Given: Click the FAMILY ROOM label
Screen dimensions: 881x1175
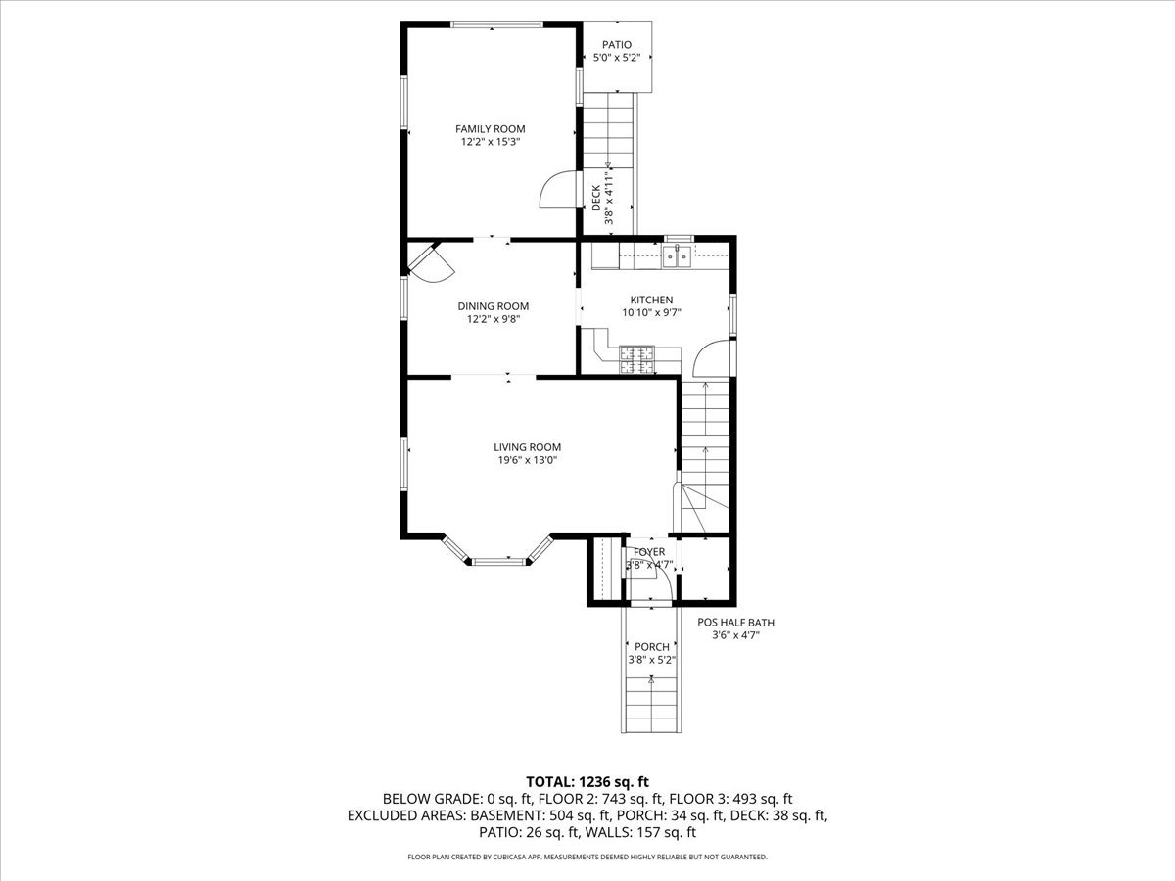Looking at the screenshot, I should pos(490,128).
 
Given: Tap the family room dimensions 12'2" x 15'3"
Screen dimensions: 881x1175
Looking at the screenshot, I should pos(490,142).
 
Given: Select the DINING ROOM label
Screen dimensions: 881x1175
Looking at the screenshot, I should pos(493,305).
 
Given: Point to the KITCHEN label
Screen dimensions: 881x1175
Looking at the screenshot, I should pos(651,300).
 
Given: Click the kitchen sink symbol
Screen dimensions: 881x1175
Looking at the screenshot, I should pos(677,257).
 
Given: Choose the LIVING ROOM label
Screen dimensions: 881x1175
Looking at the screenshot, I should pos(527,447).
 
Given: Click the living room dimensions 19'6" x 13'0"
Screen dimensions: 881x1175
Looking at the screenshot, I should pos(527,460).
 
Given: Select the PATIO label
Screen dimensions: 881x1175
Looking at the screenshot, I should pos(617,44).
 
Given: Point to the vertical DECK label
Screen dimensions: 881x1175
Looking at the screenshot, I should pos(596,199).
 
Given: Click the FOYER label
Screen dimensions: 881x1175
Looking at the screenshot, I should pos(649,552).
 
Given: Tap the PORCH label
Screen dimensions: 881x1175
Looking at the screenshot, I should pos(652,646).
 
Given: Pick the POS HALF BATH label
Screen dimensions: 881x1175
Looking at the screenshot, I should pos(735,622).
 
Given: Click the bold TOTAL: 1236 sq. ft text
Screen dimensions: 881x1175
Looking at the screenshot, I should pos(587,781).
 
